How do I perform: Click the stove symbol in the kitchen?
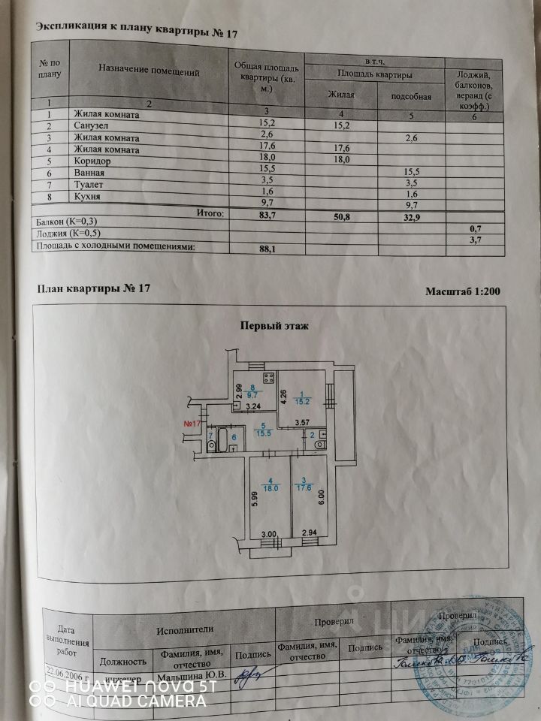pos(264,378)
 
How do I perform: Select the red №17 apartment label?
pos(191,424)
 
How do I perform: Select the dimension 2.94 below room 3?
pos(310,534)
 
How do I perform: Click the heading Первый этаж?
pos(274,326)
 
